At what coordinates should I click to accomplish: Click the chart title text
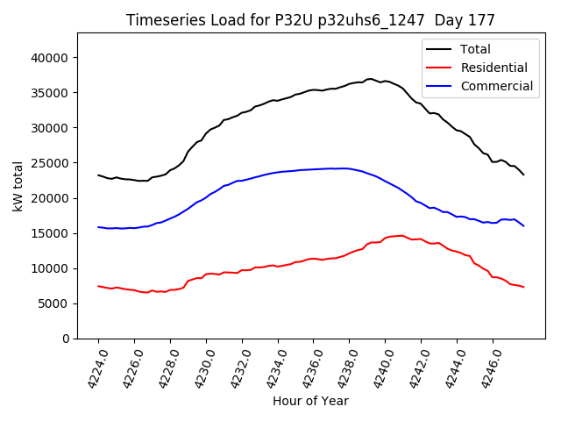[310, 20]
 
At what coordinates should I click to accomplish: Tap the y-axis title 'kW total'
[18, 185]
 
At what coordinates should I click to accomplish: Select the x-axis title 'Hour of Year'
[310, 401]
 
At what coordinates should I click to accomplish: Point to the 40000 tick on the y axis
[52, 58]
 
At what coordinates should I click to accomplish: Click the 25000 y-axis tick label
[52, 163]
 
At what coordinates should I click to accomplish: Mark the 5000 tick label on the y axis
[55, 303]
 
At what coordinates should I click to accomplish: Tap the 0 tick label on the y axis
[65, 339]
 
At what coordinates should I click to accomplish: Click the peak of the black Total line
[370, 79]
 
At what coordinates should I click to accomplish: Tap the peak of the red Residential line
[401, 235]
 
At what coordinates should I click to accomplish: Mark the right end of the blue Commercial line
[523, 225]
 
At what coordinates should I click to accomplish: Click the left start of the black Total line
[98, 175]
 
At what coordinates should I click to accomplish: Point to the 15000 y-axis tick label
[52, 233]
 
